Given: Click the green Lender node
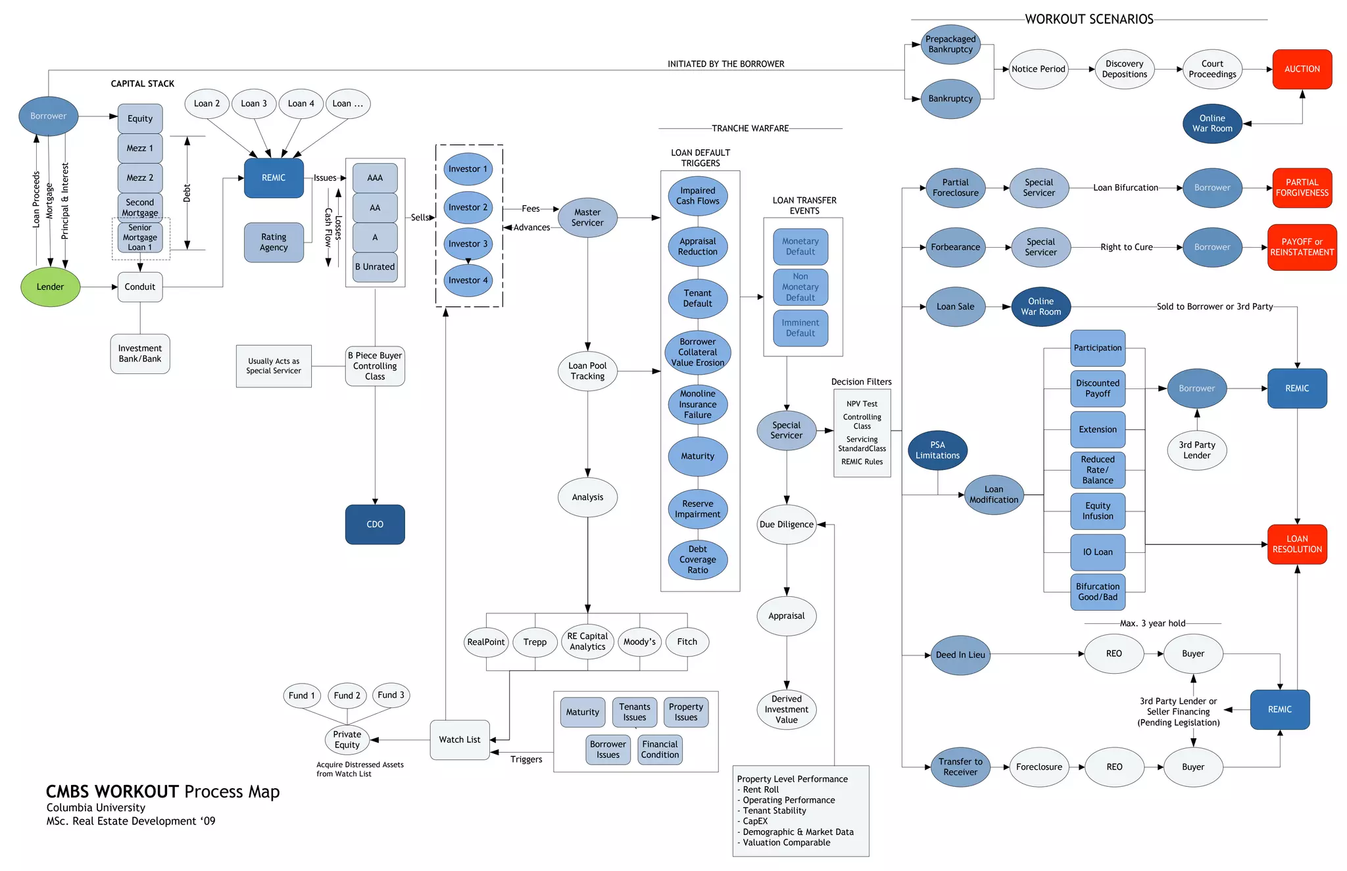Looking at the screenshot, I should (x=50, y=287).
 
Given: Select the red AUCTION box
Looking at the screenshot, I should (x=1302, y=69).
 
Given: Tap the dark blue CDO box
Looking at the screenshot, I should (x=375, y=524).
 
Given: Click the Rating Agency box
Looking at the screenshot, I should (x=274, y=242).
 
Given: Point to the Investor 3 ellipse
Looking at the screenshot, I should (x=468, y=244).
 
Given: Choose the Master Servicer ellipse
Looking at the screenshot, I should (x=587, y=218).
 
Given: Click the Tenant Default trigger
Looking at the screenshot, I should (x=697, y=298).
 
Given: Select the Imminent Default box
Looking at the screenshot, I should (x=800, y=328).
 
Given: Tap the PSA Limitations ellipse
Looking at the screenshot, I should (x=937, y=450).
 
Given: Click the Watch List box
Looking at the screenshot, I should (x=460, y=740).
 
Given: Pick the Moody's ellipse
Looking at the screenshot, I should (x=639, y=642).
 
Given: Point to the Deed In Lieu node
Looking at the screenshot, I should (x=960, y=655).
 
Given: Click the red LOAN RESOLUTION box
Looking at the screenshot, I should (x=1296, y=544).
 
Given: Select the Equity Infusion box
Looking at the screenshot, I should (x=1098, y=511).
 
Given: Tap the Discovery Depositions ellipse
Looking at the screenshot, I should (x=1124, y=69).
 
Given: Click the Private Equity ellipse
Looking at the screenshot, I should (x=347, y=740).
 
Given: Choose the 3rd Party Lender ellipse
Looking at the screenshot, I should (x=1196, y=450).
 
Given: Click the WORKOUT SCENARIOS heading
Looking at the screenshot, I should (x=1089, y=19).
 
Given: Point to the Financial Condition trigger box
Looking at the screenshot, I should (x=660, y=749).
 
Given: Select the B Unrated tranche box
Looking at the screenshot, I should (x=375, y=267).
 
